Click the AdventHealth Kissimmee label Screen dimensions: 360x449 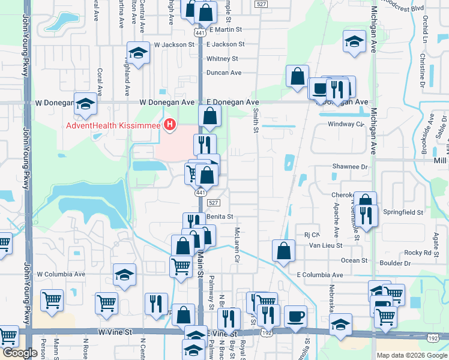(x=113, y=125)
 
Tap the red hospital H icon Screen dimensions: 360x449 (x=170, y=125)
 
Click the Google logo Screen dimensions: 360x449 (x=20, y=353)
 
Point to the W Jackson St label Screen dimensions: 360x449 (x=174, y=44)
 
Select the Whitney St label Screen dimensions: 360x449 (x=222, y=59)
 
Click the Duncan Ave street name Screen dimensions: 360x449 (x=223, y=73)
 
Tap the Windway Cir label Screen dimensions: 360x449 (x=346, y=124)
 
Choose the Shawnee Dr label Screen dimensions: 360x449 (x=349, y=167)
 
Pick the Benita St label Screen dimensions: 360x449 (x=219, y=217)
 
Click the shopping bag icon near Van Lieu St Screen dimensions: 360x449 (x=283, y=250)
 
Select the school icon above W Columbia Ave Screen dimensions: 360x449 (x=125, y=275)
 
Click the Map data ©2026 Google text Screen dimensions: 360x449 (x=411, y=355)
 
